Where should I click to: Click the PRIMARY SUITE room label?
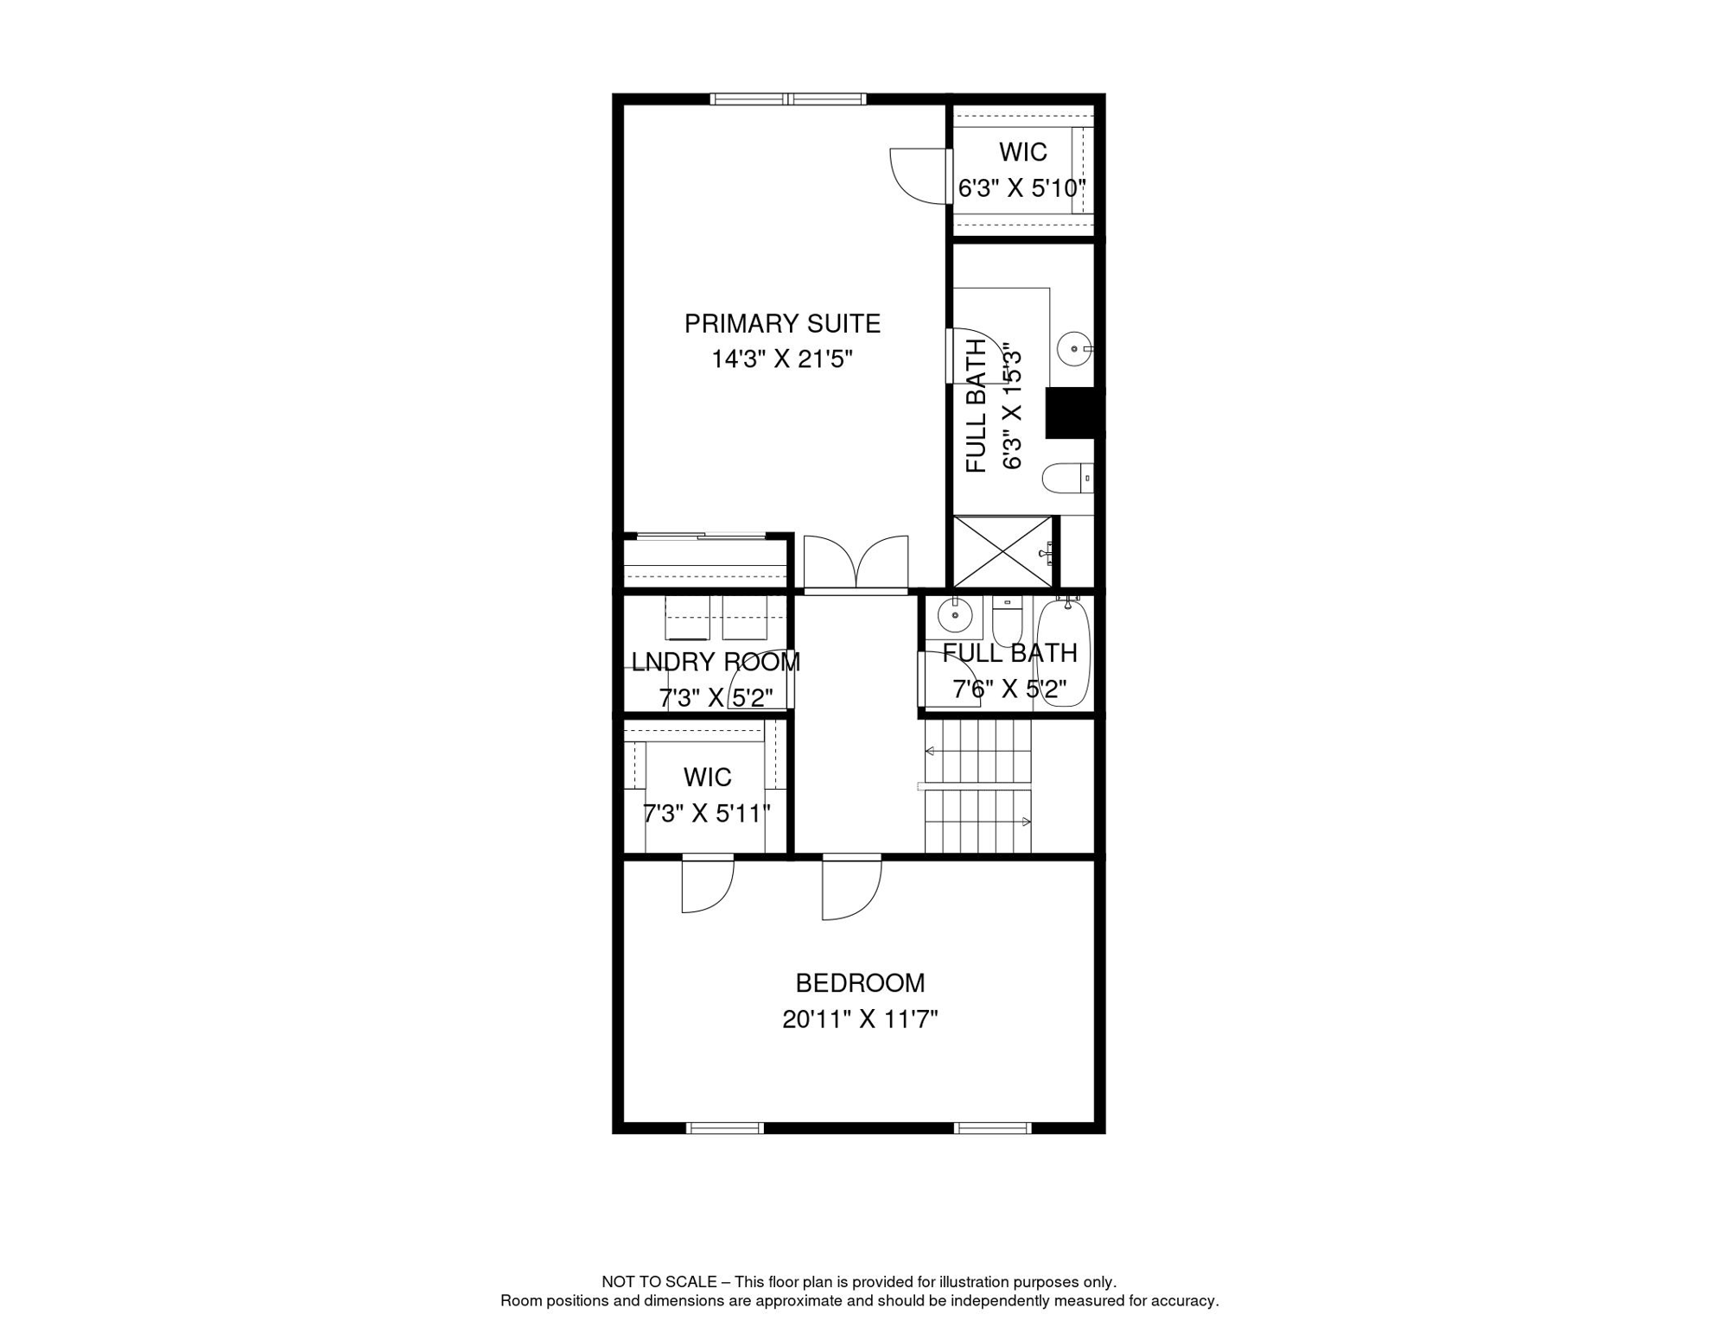click(782, 324)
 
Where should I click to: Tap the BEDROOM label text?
click(860, 983)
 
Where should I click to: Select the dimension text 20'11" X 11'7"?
click(860, 1019)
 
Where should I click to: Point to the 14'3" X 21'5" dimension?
click(782, 359)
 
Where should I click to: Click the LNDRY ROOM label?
click(716, 663)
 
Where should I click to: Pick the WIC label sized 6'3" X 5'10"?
click(1023, 152)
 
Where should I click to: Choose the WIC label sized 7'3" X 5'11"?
click(708, 778)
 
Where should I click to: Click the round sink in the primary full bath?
click(1074, 349)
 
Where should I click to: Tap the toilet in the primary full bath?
click(1067, 478)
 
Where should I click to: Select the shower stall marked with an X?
click(1003, 551)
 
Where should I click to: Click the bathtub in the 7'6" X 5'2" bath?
click(1062, 653)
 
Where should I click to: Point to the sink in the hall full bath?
click(955, 615)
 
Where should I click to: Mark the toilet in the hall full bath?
click(1008, 620)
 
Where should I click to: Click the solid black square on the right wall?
click(1072, 413)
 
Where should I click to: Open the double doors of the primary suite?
click(856, 562)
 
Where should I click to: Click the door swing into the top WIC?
click(921, 176)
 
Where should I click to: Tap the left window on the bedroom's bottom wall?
click(725, 1128)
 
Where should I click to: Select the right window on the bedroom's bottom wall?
click(993, 1128)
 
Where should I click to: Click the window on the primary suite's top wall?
click(788, 99)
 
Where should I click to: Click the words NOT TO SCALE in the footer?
click(659, 1282)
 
